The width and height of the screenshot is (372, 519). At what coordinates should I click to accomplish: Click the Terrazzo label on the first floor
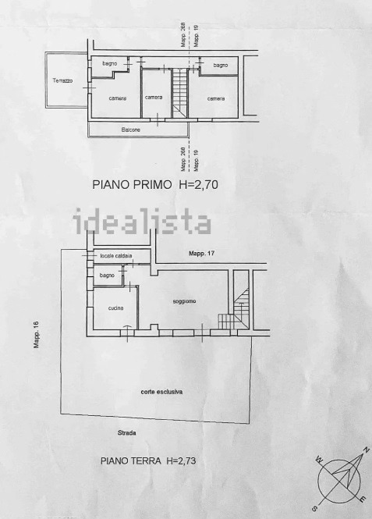[x=63, y=80]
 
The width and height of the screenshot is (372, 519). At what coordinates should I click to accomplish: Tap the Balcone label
[x=130, y=130]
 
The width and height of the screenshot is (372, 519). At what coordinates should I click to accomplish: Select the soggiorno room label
[x=185, y=301]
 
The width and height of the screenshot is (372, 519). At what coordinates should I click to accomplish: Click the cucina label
[x=115, y=307]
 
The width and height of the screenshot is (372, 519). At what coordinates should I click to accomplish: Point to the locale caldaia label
[x=116, y=255]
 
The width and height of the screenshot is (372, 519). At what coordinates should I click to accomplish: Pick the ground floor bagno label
[x=107, y=275]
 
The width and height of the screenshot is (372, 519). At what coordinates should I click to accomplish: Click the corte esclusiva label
[x=161, y=392]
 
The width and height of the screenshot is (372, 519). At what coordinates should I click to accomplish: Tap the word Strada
[x=127, y=432]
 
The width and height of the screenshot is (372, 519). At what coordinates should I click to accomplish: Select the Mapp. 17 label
[x=202, y=254]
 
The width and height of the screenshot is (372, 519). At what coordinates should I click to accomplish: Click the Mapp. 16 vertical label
[x=36, y=335]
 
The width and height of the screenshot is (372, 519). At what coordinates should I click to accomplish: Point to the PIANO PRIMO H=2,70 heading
[x=155, y=184]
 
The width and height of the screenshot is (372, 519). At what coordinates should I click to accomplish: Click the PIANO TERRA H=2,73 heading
[x=148, y=460]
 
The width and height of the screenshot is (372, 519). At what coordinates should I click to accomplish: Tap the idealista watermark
[x=142, y=221]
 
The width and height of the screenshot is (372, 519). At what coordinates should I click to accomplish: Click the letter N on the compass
[x=366, y=450]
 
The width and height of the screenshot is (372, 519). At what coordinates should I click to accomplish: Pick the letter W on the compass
[x=320, y=459]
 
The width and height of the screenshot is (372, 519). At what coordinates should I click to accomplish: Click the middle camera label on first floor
[x=154, y=98]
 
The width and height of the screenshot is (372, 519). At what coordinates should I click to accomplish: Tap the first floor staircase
[x=179, y=93]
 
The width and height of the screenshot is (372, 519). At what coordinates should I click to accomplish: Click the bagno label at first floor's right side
[x=221, y=66]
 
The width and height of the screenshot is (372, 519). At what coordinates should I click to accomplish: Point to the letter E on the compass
[x=363, y=499]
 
